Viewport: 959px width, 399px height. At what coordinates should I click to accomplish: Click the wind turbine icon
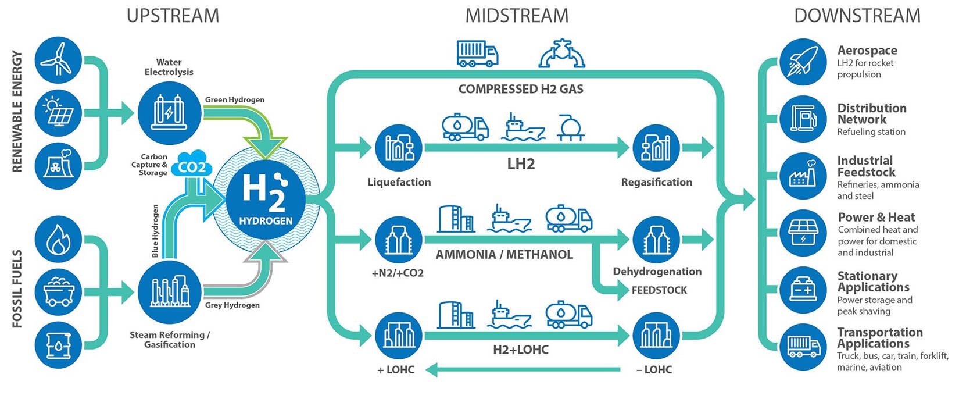coord(58,60)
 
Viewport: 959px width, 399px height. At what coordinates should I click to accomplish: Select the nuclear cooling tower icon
coord(58,165)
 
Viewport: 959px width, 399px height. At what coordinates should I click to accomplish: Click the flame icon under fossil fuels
coord(58,239)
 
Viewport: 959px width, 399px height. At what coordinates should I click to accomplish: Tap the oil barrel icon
coord(58,345)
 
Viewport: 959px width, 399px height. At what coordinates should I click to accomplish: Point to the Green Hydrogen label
coord(234,99)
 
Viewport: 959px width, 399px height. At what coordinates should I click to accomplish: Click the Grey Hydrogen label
coord(232,305)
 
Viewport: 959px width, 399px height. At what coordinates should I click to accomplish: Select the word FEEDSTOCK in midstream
coord(659,290)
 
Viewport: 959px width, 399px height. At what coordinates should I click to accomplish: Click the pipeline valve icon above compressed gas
coord(561,54)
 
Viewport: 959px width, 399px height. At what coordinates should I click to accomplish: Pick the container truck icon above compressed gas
coord(477,54)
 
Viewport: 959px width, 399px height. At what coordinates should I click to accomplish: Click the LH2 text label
coord(521,164)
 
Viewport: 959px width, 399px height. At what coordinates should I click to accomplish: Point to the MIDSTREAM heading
coord(517,16)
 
